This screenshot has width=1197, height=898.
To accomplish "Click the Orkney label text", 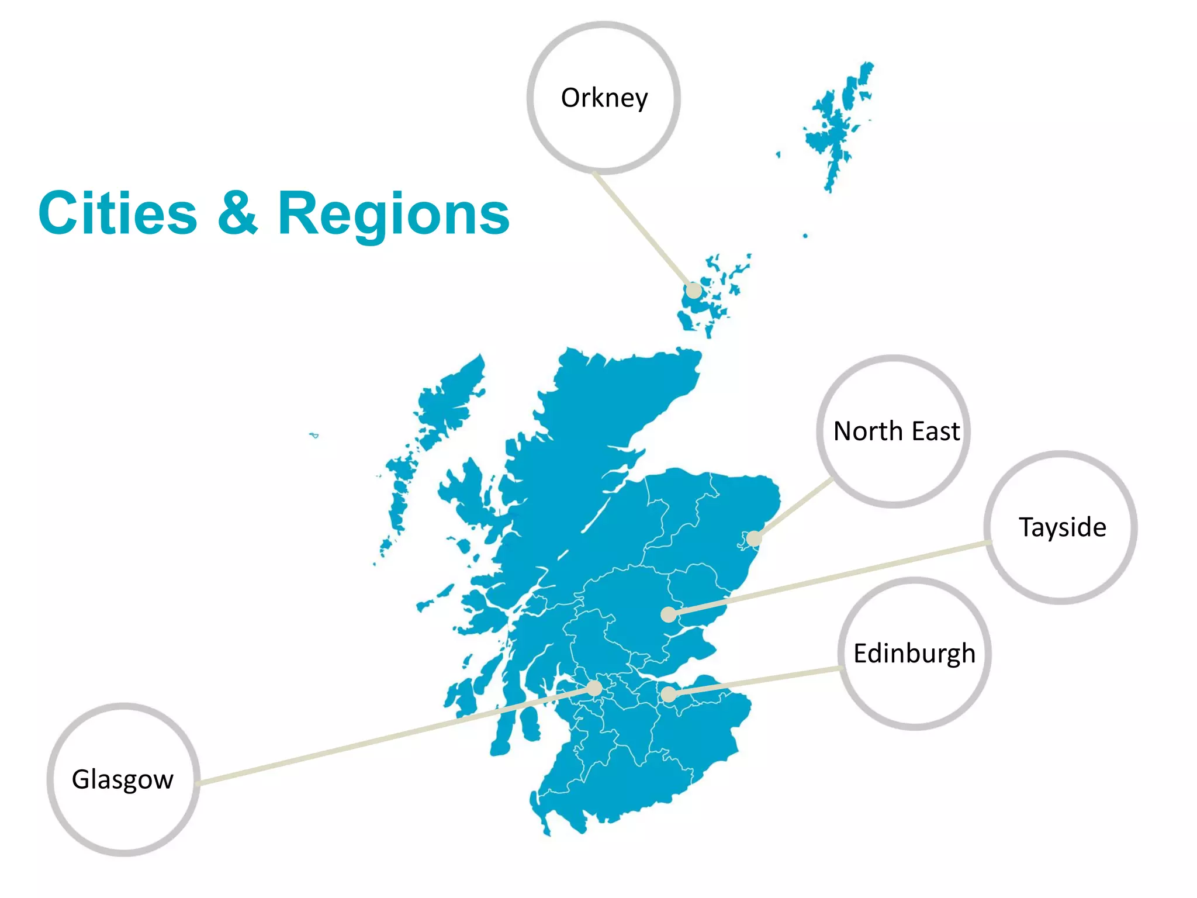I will pos(604,98).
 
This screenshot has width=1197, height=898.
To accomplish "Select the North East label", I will pos(896,431).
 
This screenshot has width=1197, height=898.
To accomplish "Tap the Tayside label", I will pos(1062,527).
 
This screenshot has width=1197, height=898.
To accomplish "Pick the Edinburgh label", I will pos(915,654).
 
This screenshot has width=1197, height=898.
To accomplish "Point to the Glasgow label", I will pos(123,779).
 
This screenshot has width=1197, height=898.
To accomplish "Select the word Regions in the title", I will pos(393,215).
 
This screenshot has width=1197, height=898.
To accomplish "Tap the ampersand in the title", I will pos(237,213).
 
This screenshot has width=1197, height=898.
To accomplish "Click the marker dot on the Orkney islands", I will pos(693,290).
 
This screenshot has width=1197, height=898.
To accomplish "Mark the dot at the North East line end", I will pos(754,538).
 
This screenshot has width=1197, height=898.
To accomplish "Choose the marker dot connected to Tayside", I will pos(669,614).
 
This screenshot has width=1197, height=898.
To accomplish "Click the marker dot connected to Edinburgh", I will pos(669,695).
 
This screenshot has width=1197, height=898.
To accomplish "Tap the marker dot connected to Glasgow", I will pos(594,689).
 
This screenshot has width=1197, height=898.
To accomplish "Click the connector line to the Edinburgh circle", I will pos(754,682).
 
